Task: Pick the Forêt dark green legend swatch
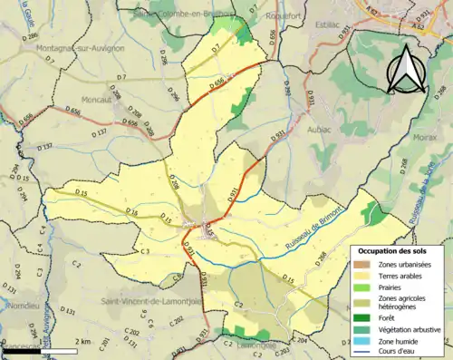coord(365,317)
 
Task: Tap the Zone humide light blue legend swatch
coord(365,341)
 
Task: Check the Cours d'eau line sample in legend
coord(365,353)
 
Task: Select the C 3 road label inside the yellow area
coord(145,251)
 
